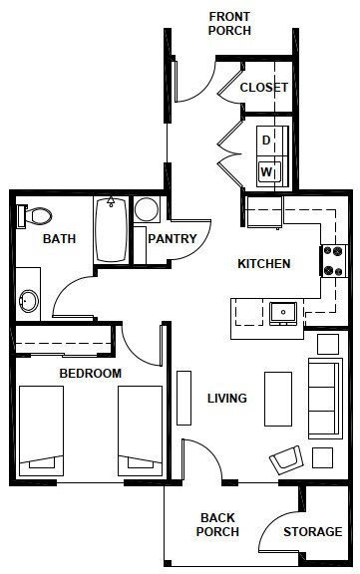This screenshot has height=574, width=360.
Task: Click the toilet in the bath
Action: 34,216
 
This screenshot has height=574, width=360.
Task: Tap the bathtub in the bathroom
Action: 111,229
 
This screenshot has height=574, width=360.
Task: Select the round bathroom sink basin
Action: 29,301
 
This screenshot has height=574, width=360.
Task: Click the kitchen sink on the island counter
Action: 283,313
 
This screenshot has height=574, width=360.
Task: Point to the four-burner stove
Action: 334,261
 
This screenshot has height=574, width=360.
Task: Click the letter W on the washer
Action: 266,171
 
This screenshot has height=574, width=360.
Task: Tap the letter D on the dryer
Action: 266,140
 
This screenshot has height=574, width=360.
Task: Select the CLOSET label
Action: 263,88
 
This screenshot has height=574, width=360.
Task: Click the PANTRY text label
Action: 173,239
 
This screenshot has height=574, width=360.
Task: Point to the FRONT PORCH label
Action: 229,24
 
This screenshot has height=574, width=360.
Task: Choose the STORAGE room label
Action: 313,531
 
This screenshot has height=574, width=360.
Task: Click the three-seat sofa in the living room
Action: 325,399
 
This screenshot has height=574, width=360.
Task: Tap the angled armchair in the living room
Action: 286,459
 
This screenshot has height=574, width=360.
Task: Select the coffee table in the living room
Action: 278,399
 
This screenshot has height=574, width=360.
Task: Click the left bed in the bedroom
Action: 41,430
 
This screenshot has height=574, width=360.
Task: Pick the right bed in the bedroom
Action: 140,430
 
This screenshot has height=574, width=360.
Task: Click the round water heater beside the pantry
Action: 147,209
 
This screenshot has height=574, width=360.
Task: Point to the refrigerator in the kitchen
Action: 264,212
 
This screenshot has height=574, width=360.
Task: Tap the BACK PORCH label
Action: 217,524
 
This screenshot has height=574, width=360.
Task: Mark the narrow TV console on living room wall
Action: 183,398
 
